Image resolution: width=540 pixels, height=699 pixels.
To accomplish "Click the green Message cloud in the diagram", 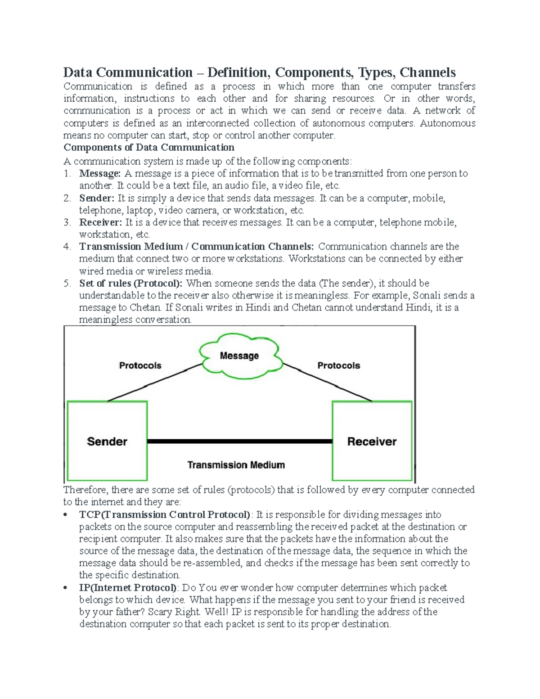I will pos(240,356).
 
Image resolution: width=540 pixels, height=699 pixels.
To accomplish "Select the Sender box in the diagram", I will pos(107,441).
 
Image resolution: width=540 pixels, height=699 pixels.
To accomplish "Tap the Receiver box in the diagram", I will pos(372,441).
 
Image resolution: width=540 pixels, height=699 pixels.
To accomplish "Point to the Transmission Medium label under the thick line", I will pos(236,465).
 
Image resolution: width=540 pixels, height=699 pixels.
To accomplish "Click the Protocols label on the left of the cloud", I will pos(140,365).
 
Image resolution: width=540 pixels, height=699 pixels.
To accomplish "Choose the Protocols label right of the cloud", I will pos(338,365).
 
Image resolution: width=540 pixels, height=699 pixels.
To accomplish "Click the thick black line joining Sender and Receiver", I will pos(239,442).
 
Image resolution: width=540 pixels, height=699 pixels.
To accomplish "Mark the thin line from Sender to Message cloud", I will pos(153,383).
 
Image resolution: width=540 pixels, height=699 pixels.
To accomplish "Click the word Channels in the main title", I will pos(427,72).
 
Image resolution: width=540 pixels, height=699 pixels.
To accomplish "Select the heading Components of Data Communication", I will pos(149,148).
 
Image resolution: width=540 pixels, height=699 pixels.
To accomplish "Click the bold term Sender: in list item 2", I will pos(97,198).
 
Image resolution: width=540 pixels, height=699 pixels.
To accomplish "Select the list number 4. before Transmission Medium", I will pos(67,247).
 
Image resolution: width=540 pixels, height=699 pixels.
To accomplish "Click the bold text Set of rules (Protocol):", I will pos(131,284).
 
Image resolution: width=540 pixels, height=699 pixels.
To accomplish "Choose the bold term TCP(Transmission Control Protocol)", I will pos(165,514).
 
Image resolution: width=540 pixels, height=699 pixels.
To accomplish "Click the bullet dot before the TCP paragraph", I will pos(66,515).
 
